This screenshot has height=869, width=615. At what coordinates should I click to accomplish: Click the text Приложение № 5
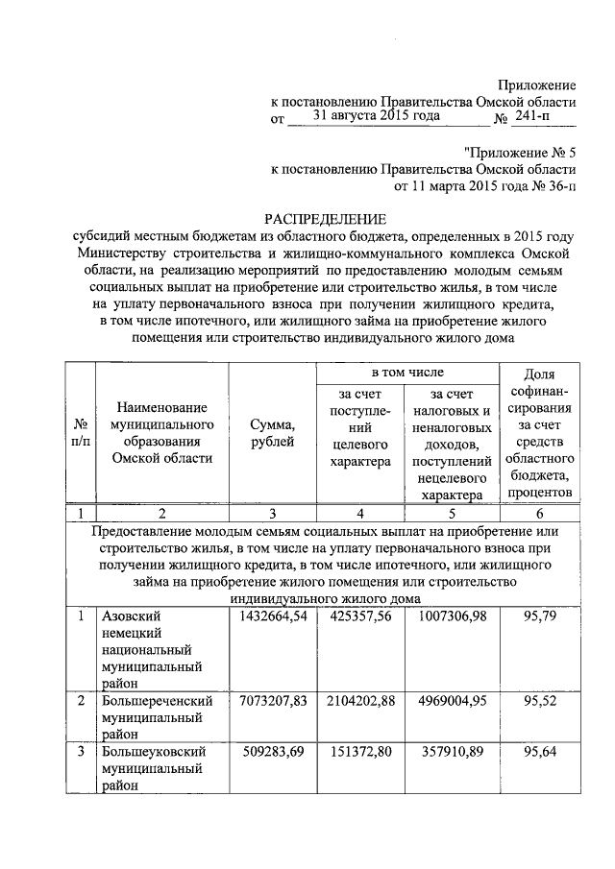click(x=521, y=151)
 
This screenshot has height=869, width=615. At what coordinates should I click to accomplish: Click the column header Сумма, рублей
click(x=272, y=432)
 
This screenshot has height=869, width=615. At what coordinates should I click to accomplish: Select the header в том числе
click(x=407, y=371)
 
